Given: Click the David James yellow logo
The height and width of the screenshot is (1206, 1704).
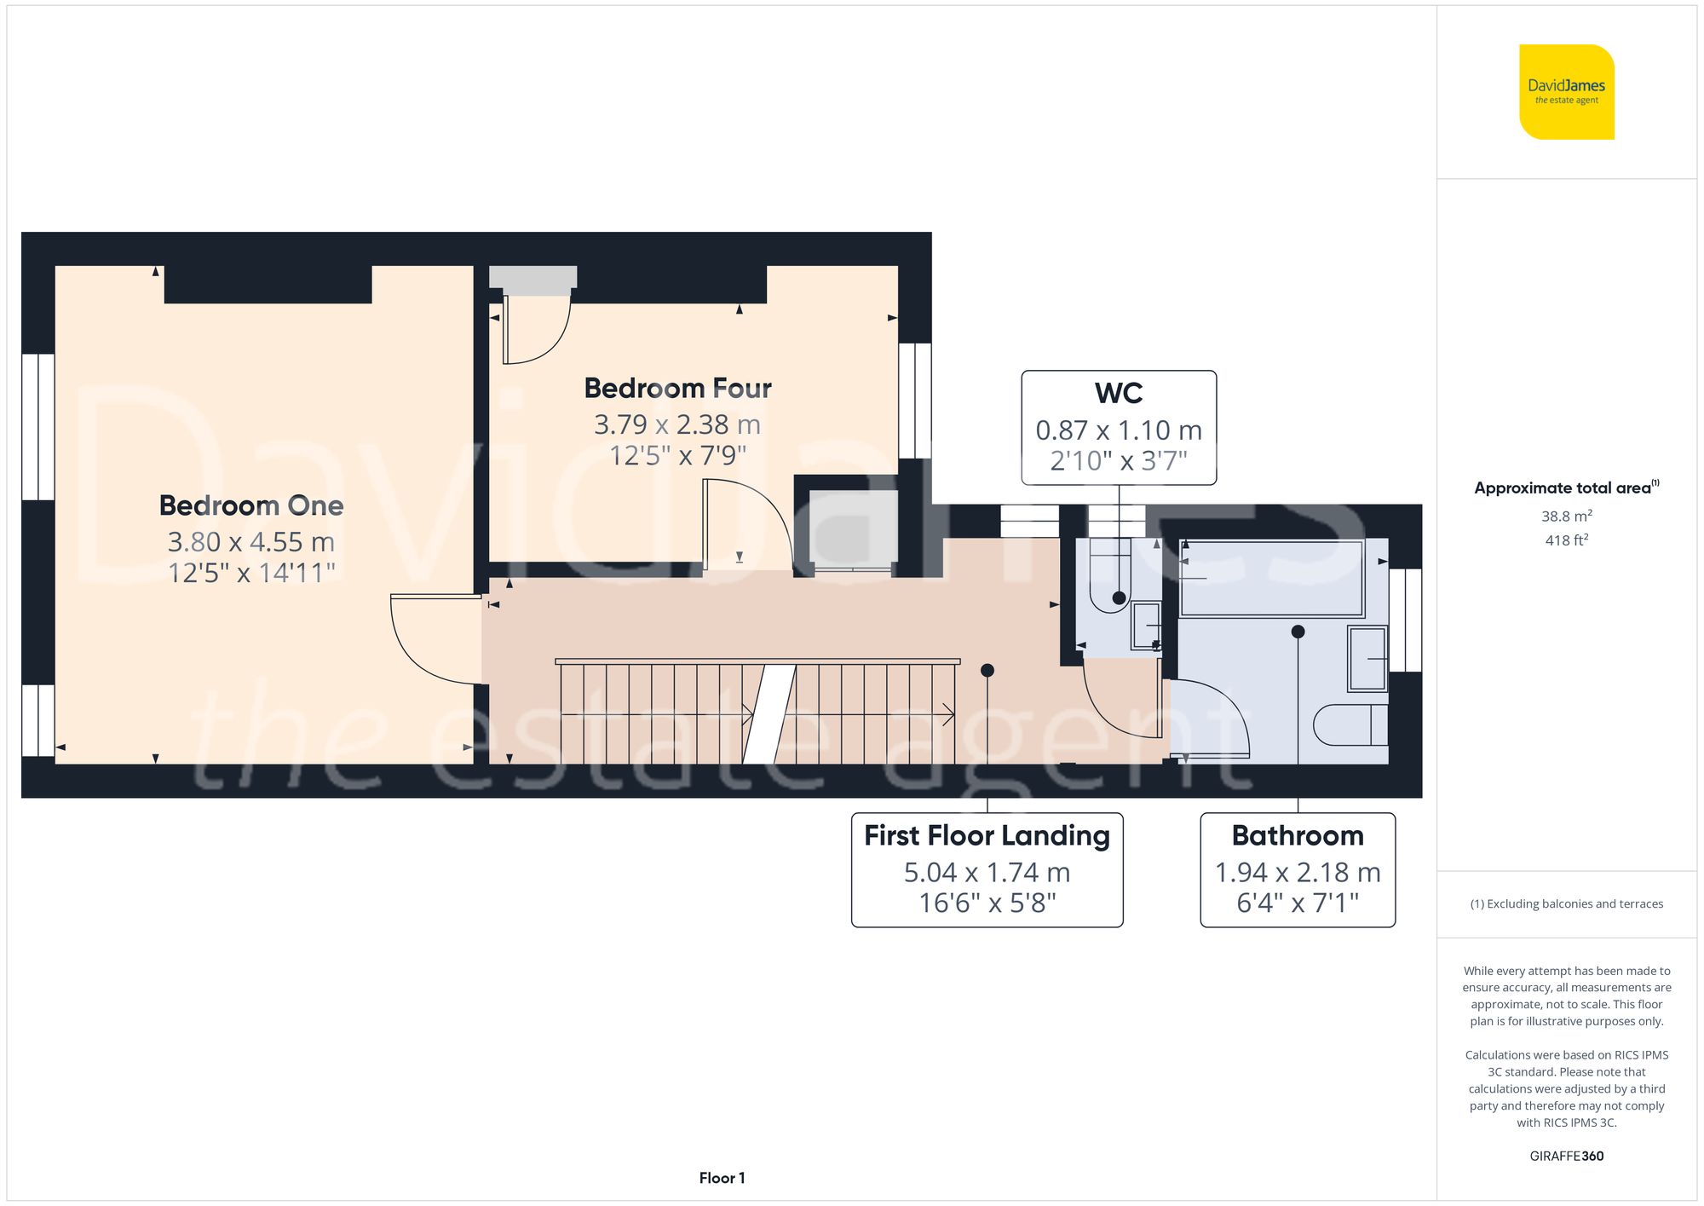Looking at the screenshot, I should point(1566,92).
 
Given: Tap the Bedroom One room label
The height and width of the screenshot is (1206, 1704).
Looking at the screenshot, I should point(251,505).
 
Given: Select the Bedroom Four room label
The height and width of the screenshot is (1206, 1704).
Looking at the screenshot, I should point(677,389).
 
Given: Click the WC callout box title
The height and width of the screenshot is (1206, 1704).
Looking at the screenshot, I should point(1118,394).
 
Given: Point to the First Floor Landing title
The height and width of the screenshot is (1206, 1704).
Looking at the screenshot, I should point(987,836).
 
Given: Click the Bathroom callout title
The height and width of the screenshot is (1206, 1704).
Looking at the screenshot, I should point(1297,836).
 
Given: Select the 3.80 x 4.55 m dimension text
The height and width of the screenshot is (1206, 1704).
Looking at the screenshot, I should point(251,542).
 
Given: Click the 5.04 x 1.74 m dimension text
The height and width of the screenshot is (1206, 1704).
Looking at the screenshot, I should point(987,873).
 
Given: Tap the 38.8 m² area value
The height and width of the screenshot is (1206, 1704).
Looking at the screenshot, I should point(1566,516).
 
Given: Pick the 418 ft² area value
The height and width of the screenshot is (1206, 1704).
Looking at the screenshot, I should point(1566,540).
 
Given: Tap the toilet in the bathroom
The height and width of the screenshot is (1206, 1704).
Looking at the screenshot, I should point(1350,725).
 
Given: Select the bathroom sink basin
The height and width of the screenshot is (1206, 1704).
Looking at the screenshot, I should point(1367,658).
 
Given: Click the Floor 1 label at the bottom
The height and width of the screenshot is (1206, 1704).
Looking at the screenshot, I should point(722,1178).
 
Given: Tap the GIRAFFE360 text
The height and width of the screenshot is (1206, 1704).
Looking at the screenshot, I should point(1566,1157).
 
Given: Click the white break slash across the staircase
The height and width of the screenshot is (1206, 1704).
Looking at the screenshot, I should point(769,714).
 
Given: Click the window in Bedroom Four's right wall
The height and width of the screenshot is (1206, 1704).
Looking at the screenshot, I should point(915,401).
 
